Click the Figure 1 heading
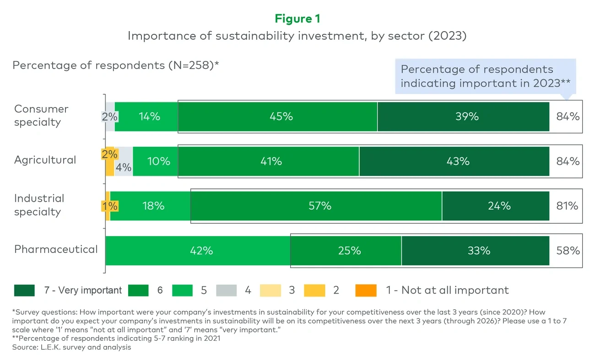pyautogui.click(x=297, y=19)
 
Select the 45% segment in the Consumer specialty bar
pyautogui.click(x=277, y=117)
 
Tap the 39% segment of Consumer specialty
pyautogui.click(x=463, y=117)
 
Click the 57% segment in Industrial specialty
pyautogui.click(x=316, y=206)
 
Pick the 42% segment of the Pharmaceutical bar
pyautogui.click(x=198, y=251)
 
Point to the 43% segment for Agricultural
pyautogui.click(x=454, y=161)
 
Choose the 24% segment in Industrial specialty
pyautogui.click(x=496, y=206)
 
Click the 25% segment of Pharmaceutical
pyautogui.click(x=346, y=251)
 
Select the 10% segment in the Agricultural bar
pyautogui.click(x=155, y=161)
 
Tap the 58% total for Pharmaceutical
pyautogui.click(x=568, y=251)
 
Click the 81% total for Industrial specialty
pyautogui.click(x=568, y=206)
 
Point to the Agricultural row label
pyautogui.click(x=45, y=160)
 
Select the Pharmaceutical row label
pyautogui.click(x=56, y=249)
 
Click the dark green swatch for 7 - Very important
pyautogui.click(x=24, y=290)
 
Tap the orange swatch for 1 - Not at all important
pyautogui.click(x=366, y=290)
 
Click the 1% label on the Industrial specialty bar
pyautogui.click(x=109, y=206)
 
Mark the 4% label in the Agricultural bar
pyautogui.click(x=123, y=168)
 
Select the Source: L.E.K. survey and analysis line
pyautogui.click(x=72, y=347)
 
